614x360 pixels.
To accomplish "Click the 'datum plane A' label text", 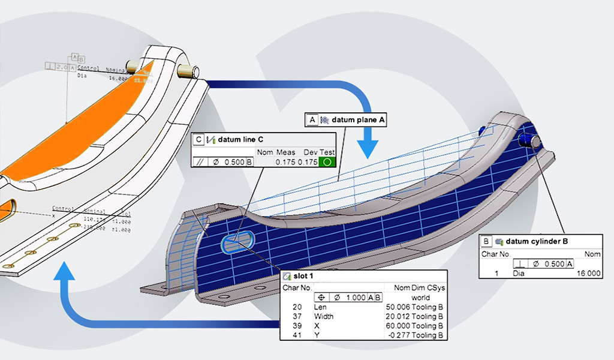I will coord(359,120).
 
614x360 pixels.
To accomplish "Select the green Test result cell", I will coord(327,162).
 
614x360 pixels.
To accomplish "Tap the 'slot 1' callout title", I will coord(303,276).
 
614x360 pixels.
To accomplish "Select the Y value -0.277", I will coord(404,335).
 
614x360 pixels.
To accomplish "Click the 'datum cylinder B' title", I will coord(537,242).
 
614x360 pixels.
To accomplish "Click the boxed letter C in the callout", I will coord(198,140).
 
